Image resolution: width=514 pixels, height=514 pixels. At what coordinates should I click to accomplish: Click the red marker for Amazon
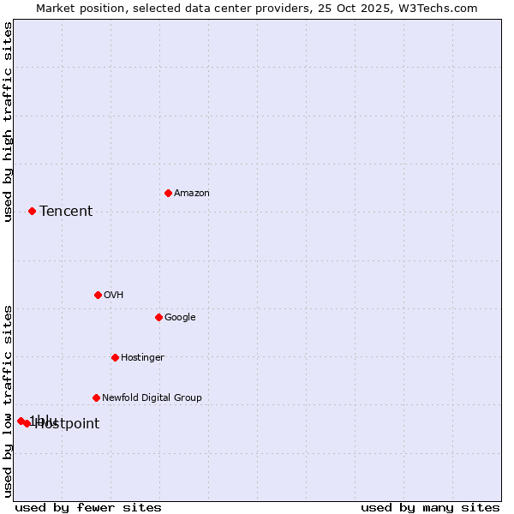click(168, 193)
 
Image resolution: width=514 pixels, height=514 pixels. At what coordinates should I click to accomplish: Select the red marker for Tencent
click(32, 211)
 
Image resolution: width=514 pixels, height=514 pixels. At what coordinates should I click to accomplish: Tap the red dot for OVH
click(98, 295)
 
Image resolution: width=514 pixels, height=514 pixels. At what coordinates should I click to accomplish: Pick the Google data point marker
click(158, 317)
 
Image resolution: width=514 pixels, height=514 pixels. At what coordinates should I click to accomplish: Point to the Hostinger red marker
click(115, 357)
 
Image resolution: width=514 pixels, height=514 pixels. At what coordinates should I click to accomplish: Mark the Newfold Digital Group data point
click(96, 397)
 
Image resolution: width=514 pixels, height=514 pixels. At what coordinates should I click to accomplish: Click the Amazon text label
click(192, 194)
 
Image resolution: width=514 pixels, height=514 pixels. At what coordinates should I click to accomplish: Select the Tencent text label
click(66, 212)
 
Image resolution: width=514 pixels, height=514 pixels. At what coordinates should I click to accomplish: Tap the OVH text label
click(114, 296)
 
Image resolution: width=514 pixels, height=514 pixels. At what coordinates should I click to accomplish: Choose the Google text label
click(180, 318)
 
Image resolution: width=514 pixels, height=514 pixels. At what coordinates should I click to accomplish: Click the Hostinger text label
click(142, 358)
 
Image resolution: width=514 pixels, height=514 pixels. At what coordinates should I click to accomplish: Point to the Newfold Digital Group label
click(152, 398)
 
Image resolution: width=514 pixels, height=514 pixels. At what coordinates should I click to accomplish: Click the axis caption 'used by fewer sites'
click(88, 507)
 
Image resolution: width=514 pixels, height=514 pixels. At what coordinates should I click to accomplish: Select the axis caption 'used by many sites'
click(430, 507)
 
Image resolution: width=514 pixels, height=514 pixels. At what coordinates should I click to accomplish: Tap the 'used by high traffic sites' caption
click(9, 122)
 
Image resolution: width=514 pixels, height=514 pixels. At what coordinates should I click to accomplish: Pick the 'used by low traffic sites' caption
click(9, 400)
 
